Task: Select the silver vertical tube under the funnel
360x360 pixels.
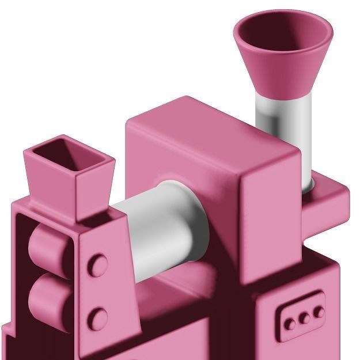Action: tap(285, 124)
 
